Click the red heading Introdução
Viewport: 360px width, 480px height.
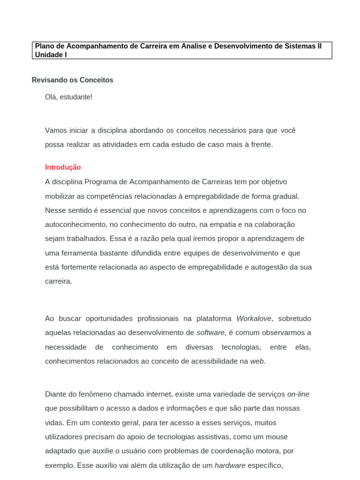pyautogui.click(x=63, y=167)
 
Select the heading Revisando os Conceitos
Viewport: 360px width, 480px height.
pyautogui.click(x=73, y=80)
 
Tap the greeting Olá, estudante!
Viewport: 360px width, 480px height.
pyautogui.click(x=68, y=97)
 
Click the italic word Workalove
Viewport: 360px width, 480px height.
pyautogui.click(x=254, y=319)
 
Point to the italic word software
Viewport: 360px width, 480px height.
pyautogui.click(x=210, y=333)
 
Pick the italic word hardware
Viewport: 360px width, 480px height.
pyautogui.click(x=230, y=465)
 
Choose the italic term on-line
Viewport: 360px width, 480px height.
pyautogui.click(x=298, y=394)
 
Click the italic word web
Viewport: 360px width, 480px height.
pyautogui.click(x=257, y=361)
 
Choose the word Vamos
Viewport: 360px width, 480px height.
pyautogui.click(x=56, y=130)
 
